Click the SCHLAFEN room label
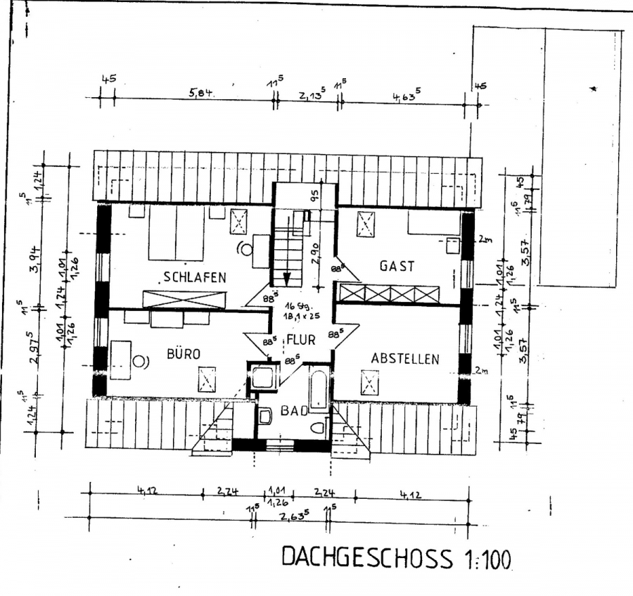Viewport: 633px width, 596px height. point(195,277)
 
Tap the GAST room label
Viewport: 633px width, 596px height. point(397,266)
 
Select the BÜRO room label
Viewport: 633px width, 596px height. point(184,354)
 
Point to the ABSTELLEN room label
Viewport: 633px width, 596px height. point(404,359)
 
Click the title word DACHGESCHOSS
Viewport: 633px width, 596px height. point(367,558)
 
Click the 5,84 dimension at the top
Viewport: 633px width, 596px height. point(200,92)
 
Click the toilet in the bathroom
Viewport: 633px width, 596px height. point(318,427)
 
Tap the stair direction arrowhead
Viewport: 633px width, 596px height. point(287,278)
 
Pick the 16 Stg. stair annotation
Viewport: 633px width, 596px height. point(300,307)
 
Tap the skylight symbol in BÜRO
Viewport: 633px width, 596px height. point(207,381)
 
